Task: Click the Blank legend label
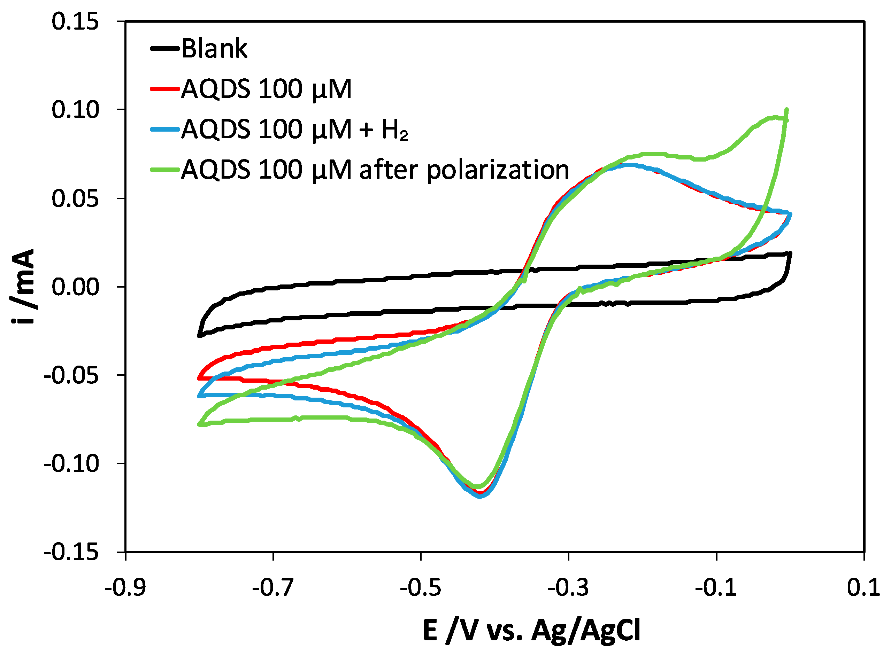click(x=214, y=49)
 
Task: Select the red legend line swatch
click(x=165, y=88)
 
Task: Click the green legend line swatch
click(x=165, y=170)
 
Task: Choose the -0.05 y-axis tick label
click(x=71, y=375)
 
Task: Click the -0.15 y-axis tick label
click(x=71, y=552)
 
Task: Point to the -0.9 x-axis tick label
click(x=125, y=588)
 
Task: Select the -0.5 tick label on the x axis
click(x=421, y=588)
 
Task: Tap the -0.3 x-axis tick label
click(x=568, y=588)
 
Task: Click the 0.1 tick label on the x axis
click(x=863, y=588)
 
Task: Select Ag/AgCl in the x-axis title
click(x=586, y=631)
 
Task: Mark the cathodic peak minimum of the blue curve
click(x=480, y=496)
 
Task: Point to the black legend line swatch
click(x=165, y=48)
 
